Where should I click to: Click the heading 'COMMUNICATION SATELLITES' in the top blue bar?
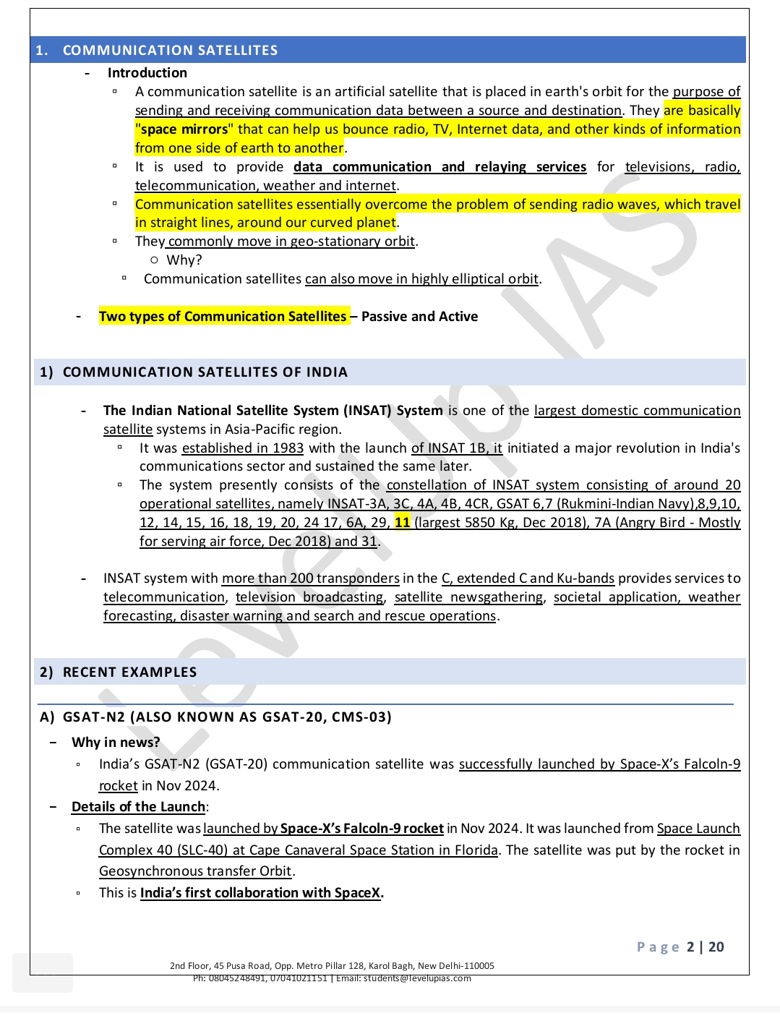[x=170, y=50]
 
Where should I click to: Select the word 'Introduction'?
[x=147, y=72]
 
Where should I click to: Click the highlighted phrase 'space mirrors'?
[x=184, y=129]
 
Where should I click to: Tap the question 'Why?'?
[x=184, y=260]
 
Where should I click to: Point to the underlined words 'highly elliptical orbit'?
[x=475, y=279]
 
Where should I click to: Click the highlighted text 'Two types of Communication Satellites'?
[x=223, y=317]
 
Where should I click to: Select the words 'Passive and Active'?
[x=419, y=317]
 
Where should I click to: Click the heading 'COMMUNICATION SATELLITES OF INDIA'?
[x=205, y=372]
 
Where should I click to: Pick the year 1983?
[x=288, y=448]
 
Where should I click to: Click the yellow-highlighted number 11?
[x=402, y=522]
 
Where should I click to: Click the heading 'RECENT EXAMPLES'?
[x=129, y=672]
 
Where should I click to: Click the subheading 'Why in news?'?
[x=116, y=742]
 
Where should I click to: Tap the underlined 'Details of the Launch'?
[x=138, y=807]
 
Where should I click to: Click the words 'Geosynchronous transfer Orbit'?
[x=195, y=871]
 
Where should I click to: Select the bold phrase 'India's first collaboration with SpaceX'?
[x=260, y=893]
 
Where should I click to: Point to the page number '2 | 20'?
[x=705, y=947]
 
